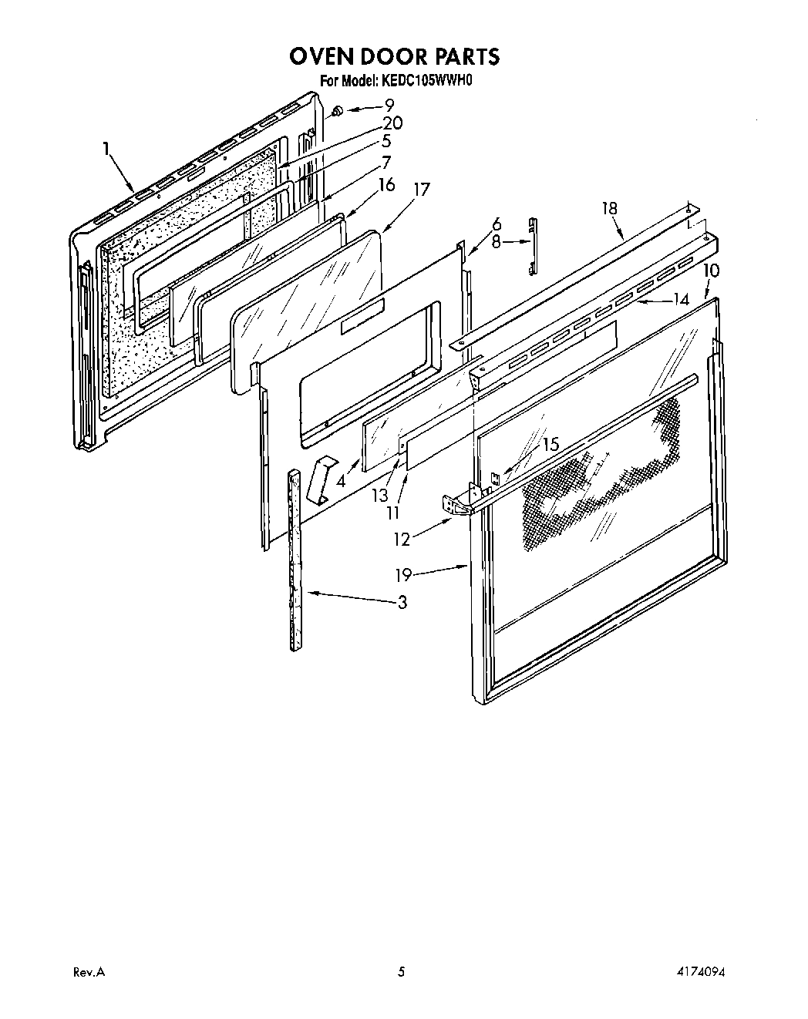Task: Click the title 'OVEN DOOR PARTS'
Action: click(x=394, y=56)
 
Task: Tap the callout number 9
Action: click(x=389, y=106)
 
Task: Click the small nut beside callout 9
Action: click(x=337, y=113)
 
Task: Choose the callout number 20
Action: click(x=392, y=123)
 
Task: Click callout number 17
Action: click(x=421, y=190)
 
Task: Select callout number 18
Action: click(x=610, y=208)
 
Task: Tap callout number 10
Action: click(x=711, y=271)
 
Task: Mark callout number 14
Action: click(x=680, y=300)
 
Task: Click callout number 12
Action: click(x=402, y=540)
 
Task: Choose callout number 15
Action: click(x=550, y=445)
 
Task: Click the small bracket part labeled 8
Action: click(x=531, y=245)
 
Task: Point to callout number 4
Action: click(x=342, y=482)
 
